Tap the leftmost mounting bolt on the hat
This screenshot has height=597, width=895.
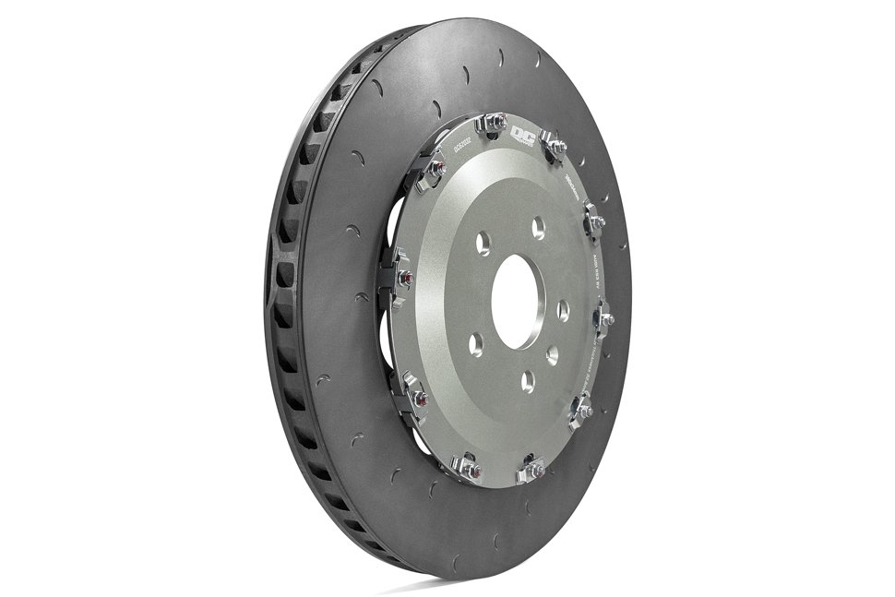tap(403, 277)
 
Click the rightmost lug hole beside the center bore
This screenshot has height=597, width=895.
tap(563, 307)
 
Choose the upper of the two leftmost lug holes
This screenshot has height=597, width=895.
tap(481, 243)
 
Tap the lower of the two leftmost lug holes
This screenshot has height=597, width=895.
tap(476, 343)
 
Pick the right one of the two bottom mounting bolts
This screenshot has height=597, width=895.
tap(533, 469)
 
